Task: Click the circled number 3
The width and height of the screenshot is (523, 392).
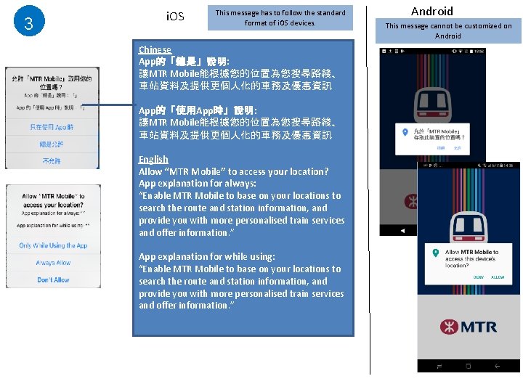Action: pyautogui.click(x=28, y=23)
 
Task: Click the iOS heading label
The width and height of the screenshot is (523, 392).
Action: pyautogui.click(x=176, y=17)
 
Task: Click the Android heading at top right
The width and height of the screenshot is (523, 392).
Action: pyautogui.click(x=431, y=11)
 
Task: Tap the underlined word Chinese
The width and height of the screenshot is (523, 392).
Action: pyautogui.click(x=155, y=49)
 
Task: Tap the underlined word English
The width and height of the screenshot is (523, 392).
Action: pyautogui.click(x=153, y=159)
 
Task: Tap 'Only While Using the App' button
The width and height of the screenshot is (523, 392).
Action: pyautogui.click(x=53, y=245)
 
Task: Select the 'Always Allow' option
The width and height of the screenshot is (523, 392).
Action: pyautogui.click(x=53, y=263)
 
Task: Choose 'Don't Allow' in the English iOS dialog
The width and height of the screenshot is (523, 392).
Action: pyautogui.click(x=53, y=279)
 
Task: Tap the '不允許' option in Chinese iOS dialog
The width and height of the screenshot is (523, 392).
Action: pyautogui.click(x=52, y=160)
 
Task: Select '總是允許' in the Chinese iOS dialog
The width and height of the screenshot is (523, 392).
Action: pyautogui.click(x=52, y=144)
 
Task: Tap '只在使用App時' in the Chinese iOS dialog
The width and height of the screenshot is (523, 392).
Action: pyautogui.click(x=52, y=127)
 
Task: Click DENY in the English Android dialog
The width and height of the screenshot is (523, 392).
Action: pyautogui.click(x=479, y=277)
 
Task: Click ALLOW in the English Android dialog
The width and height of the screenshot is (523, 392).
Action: pyautogui.click(x=498, y=277)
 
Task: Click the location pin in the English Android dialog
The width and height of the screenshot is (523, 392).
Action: pyautogui.click(x=434, y=253)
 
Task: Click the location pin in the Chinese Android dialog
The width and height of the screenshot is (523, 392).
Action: pyautogui.click(x=405, y=132)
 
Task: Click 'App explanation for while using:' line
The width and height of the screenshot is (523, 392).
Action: pyautogui.click(x=207, y=256)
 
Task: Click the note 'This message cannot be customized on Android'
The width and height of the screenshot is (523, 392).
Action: pyautogui.click(x=448, y=30)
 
